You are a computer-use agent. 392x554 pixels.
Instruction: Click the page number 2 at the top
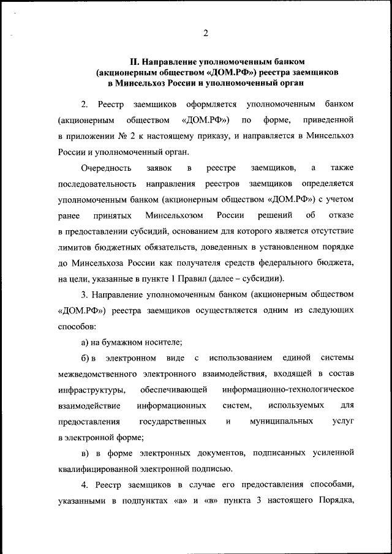pyautogui.click(x=206, y=33)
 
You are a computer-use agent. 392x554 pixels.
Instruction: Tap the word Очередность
pyautogui.click(x=105, y=167)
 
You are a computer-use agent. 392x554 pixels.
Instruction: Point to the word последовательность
pyautogui.click(x=96, y=184)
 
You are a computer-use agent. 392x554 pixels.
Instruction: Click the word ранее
pyautogui.click(x=69, y=215)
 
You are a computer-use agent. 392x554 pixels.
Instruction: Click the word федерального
pyautogui.click(x=286, y=263)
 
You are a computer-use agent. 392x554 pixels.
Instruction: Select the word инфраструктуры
pyautogui.click(x=92, y=390)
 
